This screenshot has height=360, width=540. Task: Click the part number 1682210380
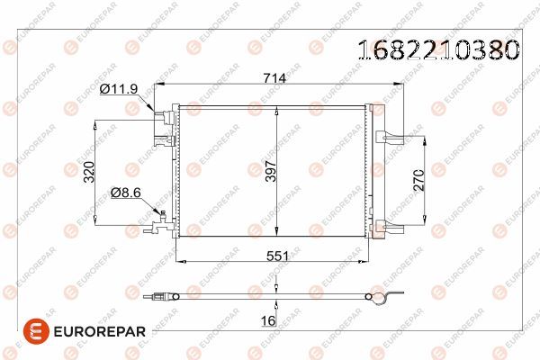coord(439,49)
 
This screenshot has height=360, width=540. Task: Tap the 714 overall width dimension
coord(275,78)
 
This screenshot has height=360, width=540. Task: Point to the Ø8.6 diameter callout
coord(127,191)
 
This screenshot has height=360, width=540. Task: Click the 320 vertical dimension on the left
coord(89,172)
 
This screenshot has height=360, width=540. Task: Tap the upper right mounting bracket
coord(388,137)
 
